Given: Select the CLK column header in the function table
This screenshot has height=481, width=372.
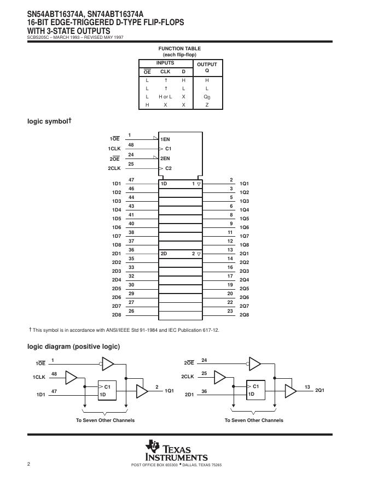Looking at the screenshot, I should tap(165, 72).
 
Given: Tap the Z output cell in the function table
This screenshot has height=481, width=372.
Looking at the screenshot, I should tap(207, 104).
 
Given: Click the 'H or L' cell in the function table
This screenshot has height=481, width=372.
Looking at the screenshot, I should tap(165, 96).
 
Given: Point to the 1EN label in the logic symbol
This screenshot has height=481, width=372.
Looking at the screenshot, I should tap(165, 139).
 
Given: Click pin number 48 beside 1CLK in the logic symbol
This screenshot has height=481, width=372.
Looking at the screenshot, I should tap(131, 145).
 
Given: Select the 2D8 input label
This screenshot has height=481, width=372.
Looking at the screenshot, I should tap(117, 315).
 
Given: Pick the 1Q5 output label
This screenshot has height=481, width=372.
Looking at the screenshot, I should tap(245, 219).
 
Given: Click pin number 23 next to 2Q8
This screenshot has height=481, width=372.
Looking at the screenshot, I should tap(230, 311).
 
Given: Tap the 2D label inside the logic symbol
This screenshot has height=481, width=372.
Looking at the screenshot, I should tap(164, 254).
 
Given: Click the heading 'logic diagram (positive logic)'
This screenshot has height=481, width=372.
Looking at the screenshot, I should tap(73, 347).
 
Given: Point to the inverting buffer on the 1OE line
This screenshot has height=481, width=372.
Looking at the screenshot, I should tap(108, 363).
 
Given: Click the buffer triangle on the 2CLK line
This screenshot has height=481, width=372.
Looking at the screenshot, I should tap(220, 377).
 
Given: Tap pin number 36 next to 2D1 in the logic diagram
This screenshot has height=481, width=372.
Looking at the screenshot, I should tap(204, 391).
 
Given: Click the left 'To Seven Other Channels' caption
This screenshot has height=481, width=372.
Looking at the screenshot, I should tap(105, 420).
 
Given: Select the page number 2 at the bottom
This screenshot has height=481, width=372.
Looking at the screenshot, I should tap(28, 464).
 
